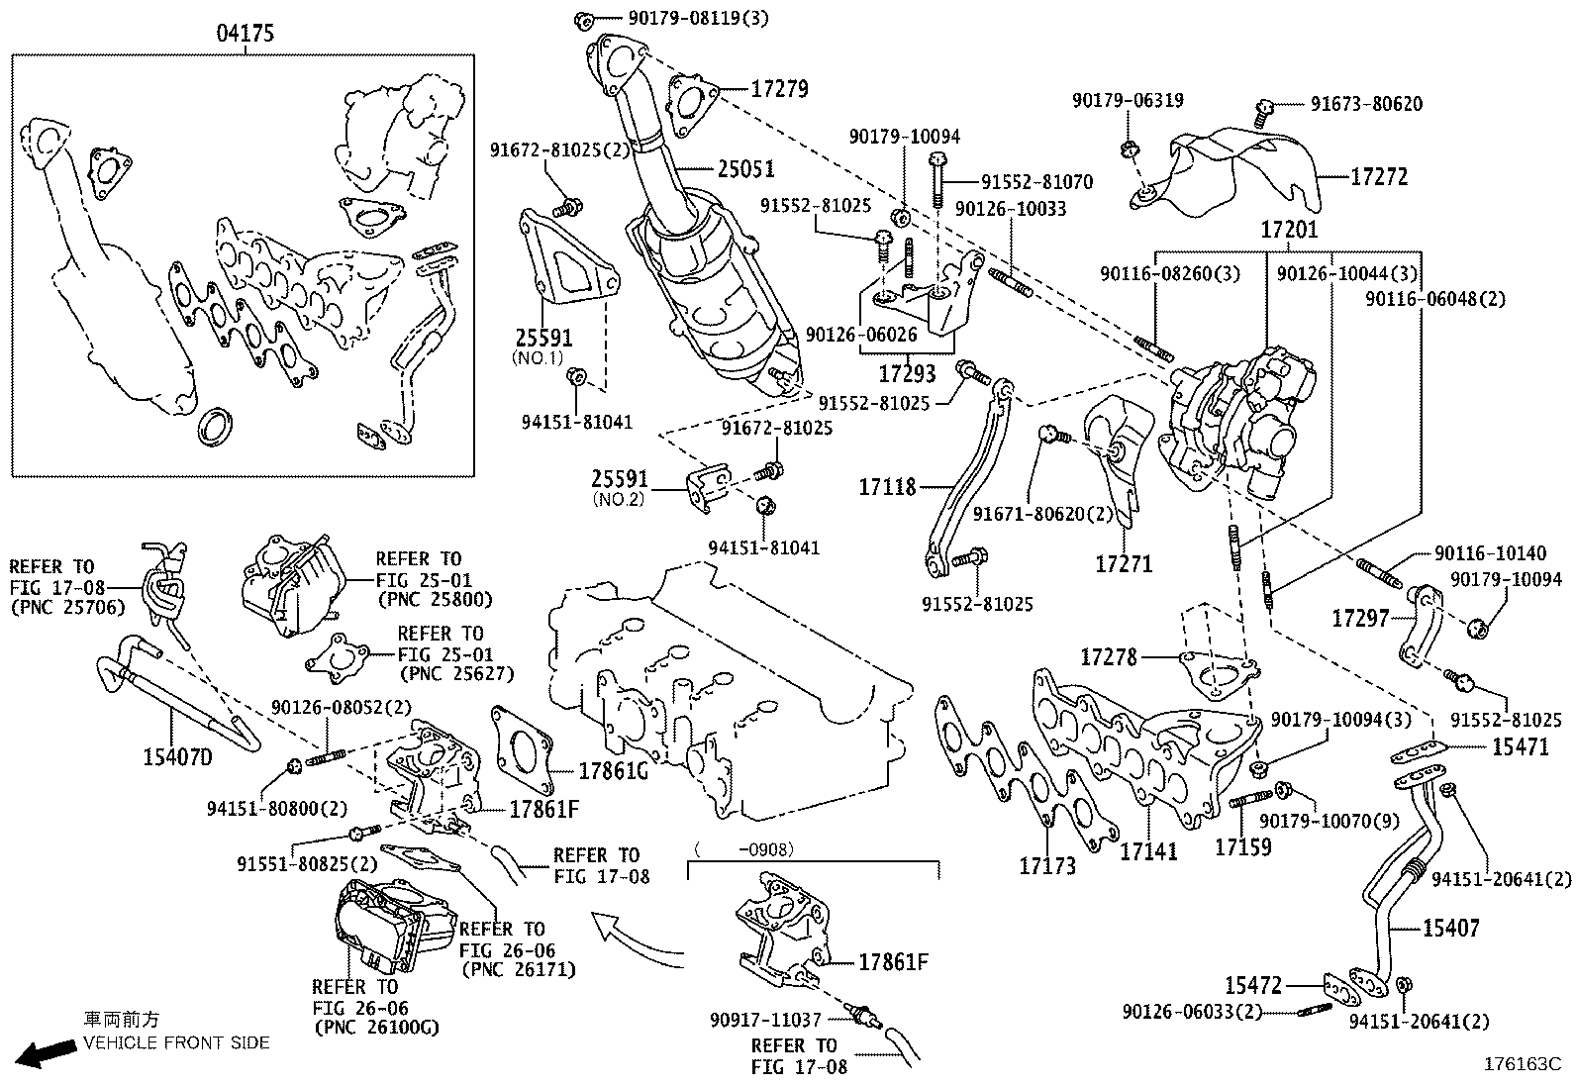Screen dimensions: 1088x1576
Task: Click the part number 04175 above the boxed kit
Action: [x=245, y=34]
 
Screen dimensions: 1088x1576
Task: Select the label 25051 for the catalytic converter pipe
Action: [x=745, y=170]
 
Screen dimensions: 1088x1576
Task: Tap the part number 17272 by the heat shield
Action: [x=1379, y=177]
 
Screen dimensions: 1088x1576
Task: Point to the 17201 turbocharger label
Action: [x=1289, y=230]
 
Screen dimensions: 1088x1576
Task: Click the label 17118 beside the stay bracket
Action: [x=887, y=487]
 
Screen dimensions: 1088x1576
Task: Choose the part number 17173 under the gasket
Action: [x=1047, y=866]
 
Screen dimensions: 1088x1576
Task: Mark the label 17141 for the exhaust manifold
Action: [x=1149, y=850]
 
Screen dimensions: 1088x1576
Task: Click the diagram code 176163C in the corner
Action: [x=1521, y=1065]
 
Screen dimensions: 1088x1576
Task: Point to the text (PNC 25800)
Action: [x=435, y=600]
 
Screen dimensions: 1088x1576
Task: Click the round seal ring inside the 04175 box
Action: [x=217, y=426]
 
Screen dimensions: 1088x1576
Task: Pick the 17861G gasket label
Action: [x=614, y=770]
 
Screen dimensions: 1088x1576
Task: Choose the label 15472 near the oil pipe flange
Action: [x=1253, y=986]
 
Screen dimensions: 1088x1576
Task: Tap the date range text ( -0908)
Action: [x=744, y=848]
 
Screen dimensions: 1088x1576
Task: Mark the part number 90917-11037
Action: [x=766, y=1019]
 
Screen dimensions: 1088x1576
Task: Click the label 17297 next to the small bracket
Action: [x=1361, y=619]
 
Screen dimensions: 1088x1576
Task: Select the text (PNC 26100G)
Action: [x=375, y=1028]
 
